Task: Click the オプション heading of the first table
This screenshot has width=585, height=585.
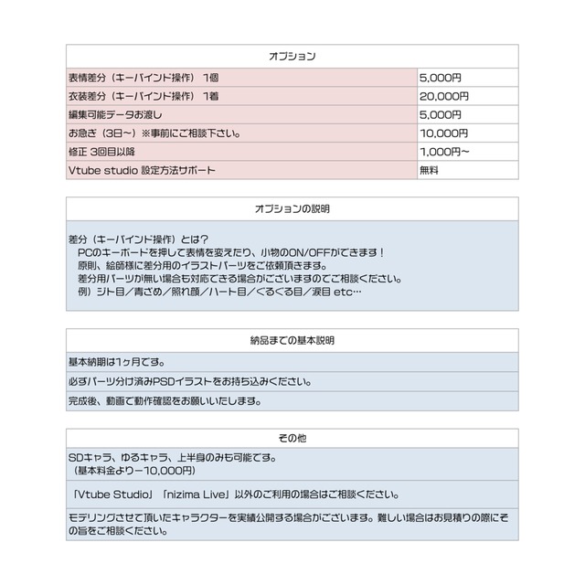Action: click(x=292, y=57)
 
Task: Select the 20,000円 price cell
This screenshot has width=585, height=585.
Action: click(x=444, y=95)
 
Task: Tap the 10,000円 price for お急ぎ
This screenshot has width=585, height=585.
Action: click(x=444, y=133)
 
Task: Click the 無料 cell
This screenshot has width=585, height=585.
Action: click(x=430, y=170)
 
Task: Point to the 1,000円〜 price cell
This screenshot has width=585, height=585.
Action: click(x=445, y=151)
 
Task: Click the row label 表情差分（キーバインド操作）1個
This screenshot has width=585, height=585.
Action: click(x=144, y=77)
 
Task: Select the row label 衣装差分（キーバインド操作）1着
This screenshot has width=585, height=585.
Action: click(x=144, y=95)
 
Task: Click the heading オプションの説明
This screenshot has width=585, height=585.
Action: click(x=292, y=209)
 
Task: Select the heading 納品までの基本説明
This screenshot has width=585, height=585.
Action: click(x=292, y=341)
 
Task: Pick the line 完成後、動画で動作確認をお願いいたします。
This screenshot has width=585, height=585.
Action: click(x=165, y=400)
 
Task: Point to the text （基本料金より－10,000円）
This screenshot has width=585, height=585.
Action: click(x=134, y=471)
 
